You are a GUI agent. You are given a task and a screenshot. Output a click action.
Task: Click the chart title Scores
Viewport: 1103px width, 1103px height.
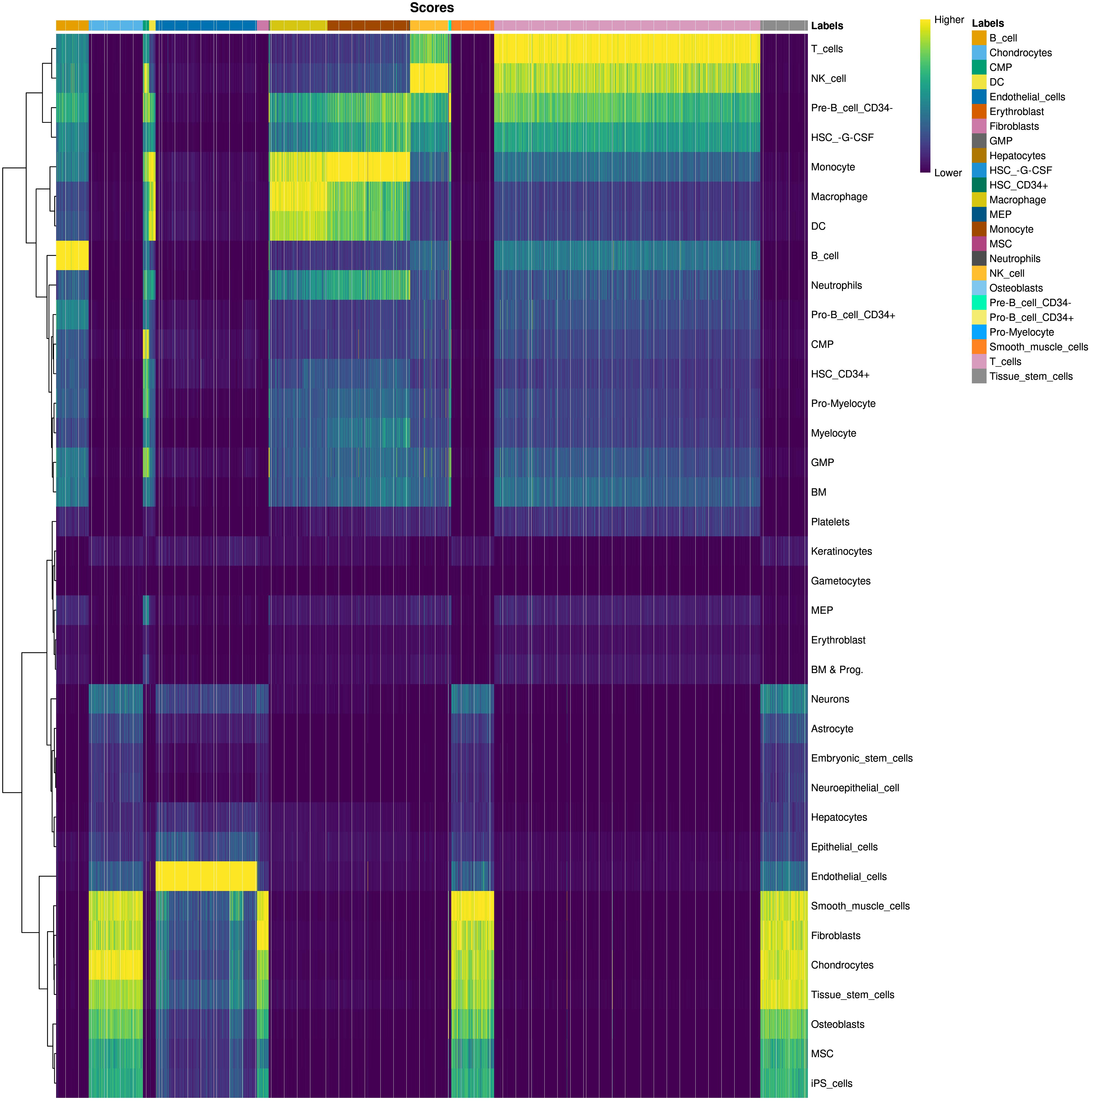pos(432,8)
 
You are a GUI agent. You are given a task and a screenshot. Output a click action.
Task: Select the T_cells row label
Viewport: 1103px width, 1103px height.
pos(827,49)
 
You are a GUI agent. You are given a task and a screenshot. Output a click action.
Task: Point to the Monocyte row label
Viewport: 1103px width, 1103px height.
pos(833,167)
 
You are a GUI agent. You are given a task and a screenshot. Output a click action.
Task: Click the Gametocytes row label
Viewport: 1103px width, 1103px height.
pos(840,581)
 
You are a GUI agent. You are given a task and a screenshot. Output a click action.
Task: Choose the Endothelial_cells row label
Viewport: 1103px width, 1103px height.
pos(848,877)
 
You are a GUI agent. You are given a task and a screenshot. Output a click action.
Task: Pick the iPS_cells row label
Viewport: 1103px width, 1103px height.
pos(831,1084)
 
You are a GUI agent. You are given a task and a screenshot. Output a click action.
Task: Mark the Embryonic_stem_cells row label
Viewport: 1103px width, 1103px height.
pos(862,759)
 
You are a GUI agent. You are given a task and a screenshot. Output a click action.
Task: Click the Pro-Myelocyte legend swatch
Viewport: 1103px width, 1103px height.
pos(979,332)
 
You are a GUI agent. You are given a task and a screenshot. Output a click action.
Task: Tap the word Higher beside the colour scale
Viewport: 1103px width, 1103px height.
pos(949,20)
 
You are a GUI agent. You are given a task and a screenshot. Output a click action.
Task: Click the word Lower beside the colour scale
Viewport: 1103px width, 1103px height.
pos(948,173)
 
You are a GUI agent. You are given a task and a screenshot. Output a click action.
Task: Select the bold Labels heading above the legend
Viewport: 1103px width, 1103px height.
pos(988,23)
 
